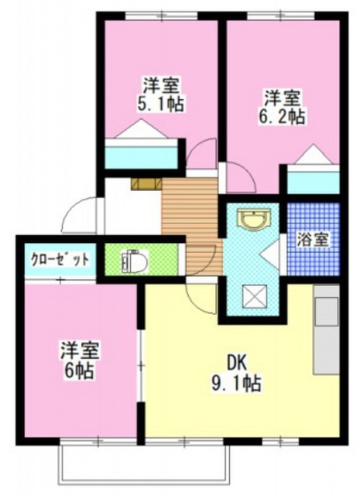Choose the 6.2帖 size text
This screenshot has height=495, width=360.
click(x=282, y=117)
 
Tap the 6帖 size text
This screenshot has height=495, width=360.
click(x=77, y=370)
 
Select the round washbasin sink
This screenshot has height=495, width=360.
click(x=253, y=220)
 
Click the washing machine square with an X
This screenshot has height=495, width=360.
click(x=253, y=296)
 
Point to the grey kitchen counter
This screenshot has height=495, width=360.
click(x=326, y=329)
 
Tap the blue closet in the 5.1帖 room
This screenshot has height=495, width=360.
click(x=142, y=156)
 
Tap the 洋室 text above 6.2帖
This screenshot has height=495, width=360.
click(x=282, y=98)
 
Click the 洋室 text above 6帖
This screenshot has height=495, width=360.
click(x=77, y=351)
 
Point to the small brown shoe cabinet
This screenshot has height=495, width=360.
click(x=145, y=183)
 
